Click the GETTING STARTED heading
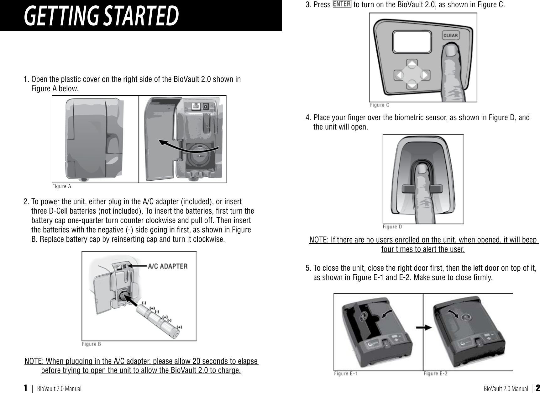[102, 16]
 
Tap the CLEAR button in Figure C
[450, 35]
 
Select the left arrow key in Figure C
[399, 75]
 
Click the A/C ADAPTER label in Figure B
[167, 266]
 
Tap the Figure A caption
[62, 186]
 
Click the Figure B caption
[91, 344]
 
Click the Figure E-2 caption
[435, 373]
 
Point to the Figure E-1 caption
[346, 373]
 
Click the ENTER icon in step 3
[342, 5]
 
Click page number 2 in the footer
[537, 388]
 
